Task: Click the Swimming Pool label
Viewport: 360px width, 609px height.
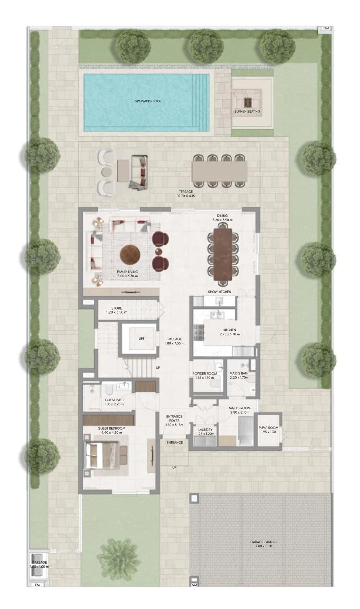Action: pos(148,101)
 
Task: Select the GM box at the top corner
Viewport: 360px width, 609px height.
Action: pos(326,28)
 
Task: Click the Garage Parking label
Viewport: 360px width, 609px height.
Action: pos(264,542)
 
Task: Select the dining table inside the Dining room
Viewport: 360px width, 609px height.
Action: pos(223,254)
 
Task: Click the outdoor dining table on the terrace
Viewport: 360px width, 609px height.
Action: pos(220,170)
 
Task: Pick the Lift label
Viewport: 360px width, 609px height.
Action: pos(142,339)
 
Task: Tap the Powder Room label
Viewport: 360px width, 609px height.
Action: pos(205,373)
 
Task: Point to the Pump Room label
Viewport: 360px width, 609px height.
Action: pos(268,428)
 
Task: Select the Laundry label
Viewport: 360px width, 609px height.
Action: pos(205,430)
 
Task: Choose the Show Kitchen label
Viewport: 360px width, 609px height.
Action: pos(219,291)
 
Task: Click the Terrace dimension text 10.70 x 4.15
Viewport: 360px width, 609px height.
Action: pos(186,196)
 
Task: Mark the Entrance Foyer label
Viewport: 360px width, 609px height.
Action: pos(174,419)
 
